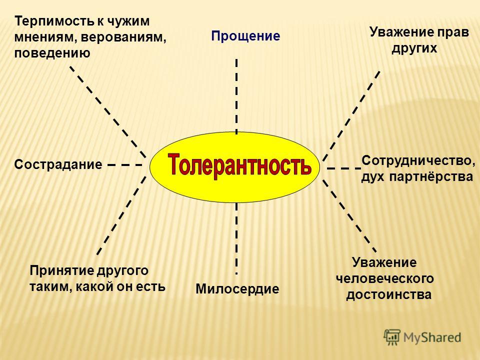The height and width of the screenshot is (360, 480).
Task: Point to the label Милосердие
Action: pyautogui.click(x=237, y=289)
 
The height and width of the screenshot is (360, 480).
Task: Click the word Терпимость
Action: pyautogui.click(x=54, y=22)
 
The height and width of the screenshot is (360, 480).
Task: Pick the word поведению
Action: pyautogui.click(x=52, y=53)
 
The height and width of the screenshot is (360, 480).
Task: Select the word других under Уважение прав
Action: pyautogui.click(x=414, y=48)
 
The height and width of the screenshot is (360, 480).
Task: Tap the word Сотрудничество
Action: pyautogui.click(x=418, y=161)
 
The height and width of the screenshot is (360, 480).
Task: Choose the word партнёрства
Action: pyautogui.click(x=431, y=177)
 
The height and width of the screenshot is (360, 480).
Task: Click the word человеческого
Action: pyautogui.click(x=385, y=279)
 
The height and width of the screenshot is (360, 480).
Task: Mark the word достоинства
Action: pyautogui.click(x=389, y=295)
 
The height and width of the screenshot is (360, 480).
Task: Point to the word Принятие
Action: pyautogui.click(x=62, y=271)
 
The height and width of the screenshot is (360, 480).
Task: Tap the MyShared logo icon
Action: pyautogui.click(x=392, y=337)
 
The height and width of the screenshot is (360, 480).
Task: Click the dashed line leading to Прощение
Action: pyautogui.click(x=236, y=96)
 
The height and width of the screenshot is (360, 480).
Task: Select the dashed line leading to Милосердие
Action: pyautogui.click(x=236, y=238)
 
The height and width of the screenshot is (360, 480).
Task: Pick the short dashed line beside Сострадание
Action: pyautogui.click(x=125, y=165)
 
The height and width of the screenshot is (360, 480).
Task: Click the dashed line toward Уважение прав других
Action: pyautogui.click(x=351, y=115)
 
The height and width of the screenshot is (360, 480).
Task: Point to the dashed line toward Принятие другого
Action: pyautogui.click(x=121, y=215)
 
